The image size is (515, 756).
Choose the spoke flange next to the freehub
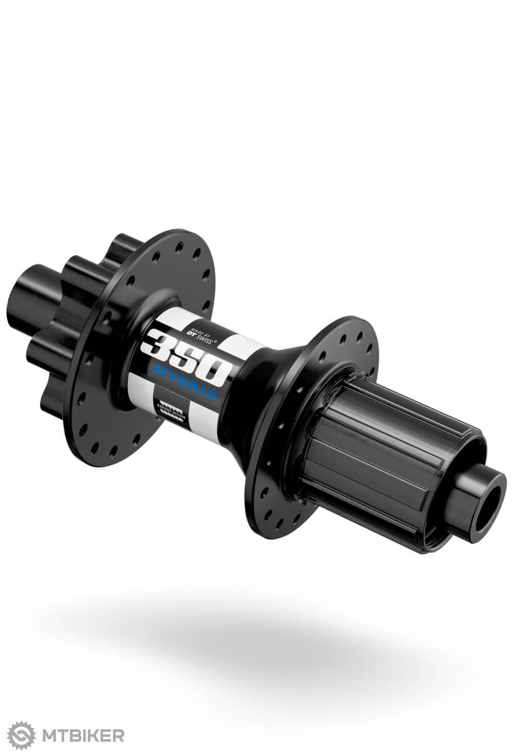[309, 423]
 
